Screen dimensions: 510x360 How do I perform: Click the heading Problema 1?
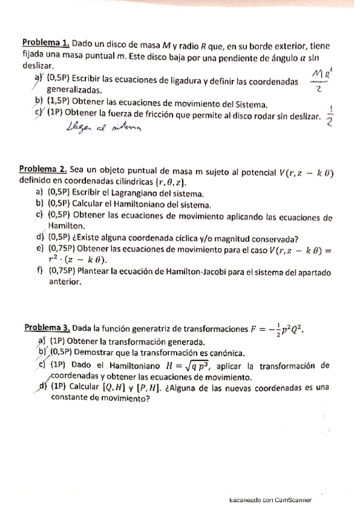pyautogui.click(x=46, y=44)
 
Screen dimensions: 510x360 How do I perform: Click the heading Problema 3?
pyautogui.click(x=47, y=328)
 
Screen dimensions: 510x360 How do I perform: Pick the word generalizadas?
pyautogui.click(x=73, y=89)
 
